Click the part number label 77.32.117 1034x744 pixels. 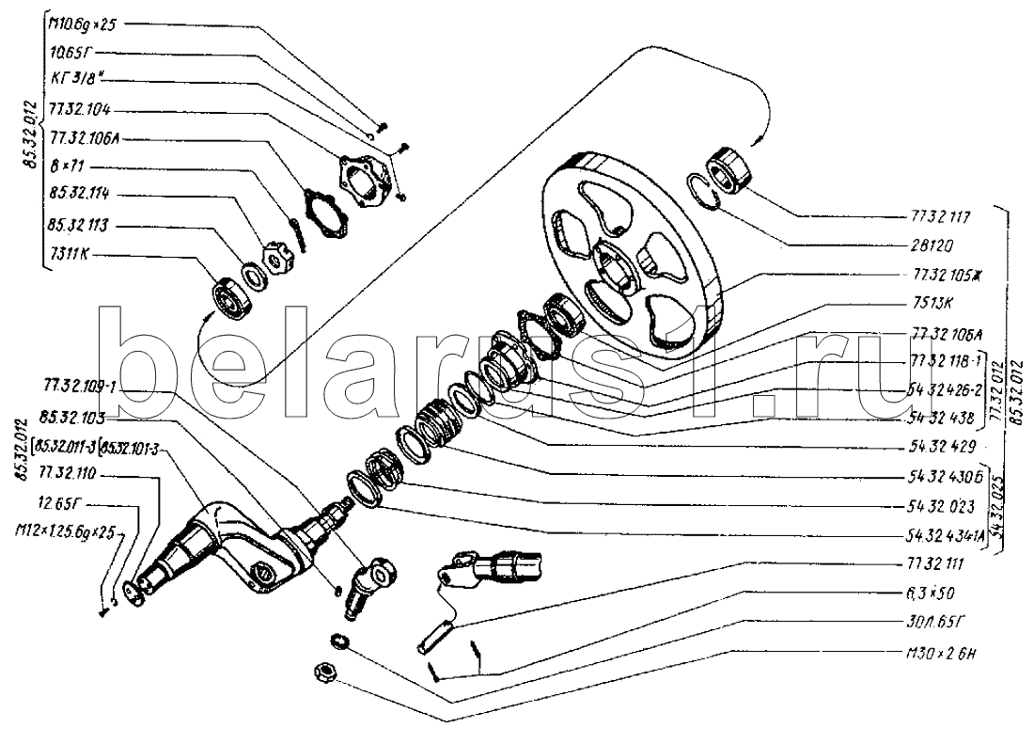point(941,215)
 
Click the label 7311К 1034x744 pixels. point(73,253)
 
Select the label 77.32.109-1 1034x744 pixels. point(79,386)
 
